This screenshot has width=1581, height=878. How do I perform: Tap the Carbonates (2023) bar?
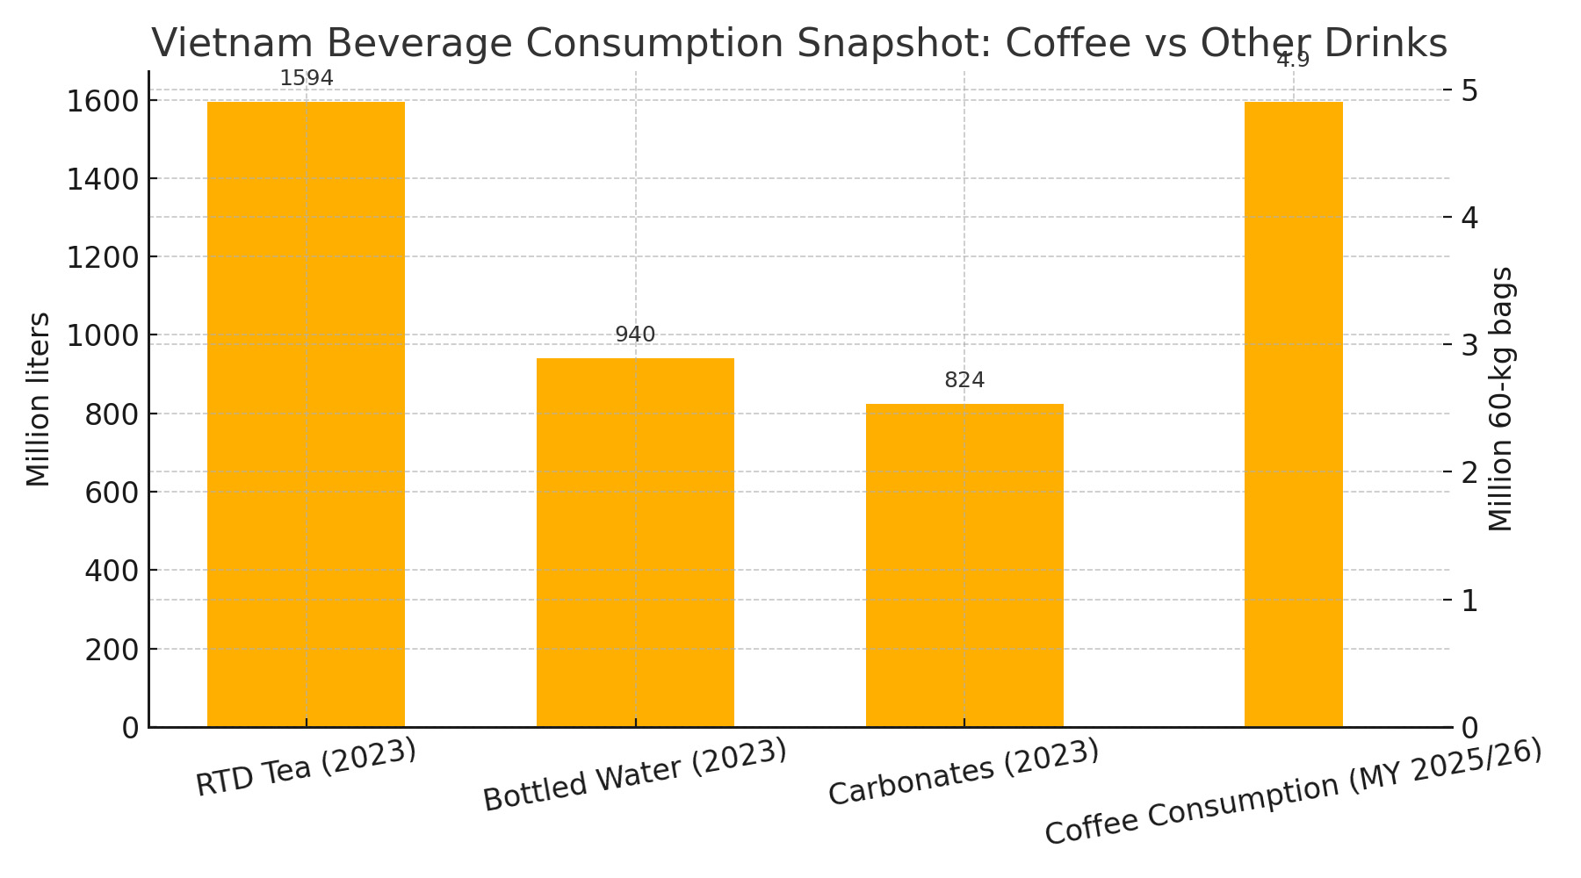point(964,565)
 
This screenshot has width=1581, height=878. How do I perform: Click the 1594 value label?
point(307,79)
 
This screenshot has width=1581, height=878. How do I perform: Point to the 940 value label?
point(635,335)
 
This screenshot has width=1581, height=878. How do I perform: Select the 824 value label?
point(964,380)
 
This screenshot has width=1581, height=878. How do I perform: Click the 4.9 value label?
point(1293,61)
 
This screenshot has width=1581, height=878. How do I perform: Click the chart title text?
point(799,42)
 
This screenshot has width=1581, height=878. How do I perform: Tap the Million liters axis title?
point(39,399)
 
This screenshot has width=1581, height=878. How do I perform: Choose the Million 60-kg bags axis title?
point(1502,399)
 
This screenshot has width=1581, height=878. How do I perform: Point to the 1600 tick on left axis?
point(103,101)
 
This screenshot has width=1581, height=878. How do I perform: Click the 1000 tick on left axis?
point(103,335)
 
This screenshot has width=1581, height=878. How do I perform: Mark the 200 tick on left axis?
point(112,650)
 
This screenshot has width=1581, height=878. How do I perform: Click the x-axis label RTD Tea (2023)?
point(306,768)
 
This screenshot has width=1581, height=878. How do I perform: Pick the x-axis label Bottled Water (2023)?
point(635,775)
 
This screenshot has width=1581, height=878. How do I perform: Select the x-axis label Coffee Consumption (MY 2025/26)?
point(1293,793)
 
